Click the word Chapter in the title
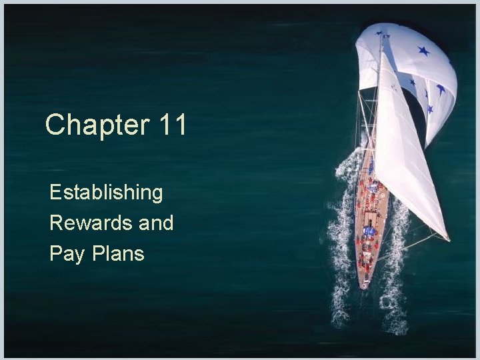click(x=97, y=125)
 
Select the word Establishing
click(x=106, y=193)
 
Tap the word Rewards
click(x=90, y=223)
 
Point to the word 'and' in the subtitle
click(x=156, y=223)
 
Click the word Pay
click(x=64, y=253)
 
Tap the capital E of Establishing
click(x=55, y=193)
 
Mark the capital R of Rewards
click(x=55, y=223)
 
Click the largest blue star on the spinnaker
click(x=423, y=51)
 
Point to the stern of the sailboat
click(x=364, y=283)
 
